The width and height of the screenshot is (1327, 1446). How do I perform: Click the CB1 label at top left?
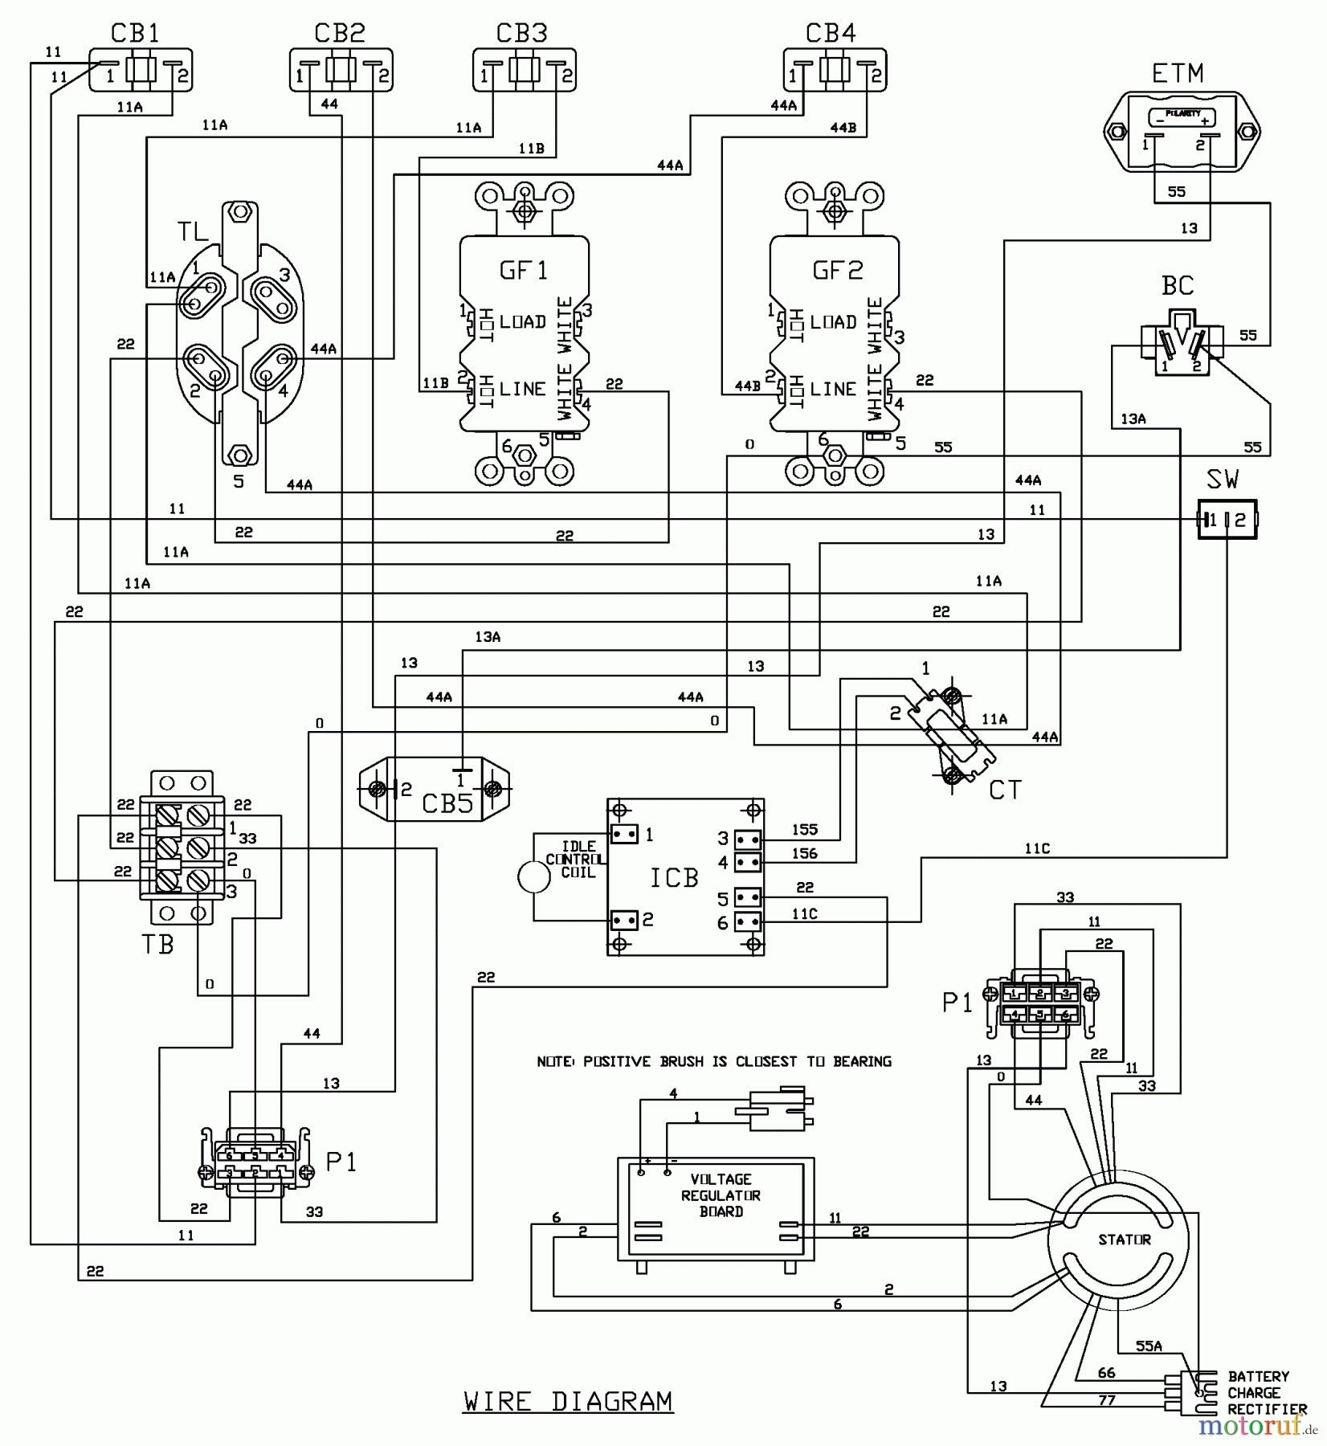[135, 33]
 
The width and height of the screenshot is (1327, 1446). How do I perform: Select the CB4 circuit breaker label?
[831, 33]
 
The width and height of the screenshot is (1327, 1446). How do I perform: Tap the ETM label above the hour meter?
[1178, 74]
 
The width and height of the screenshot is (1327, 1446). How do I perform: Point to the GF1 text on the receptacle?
[524, 270]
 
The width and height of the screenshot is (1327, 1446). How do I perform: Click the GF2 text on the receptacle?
[837, 270]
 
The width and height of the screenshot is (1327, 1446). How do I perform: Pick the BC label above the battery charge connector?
[1178, 286]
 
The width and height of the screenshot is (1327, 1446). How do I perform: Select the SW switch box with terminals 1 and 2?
[1227, 520]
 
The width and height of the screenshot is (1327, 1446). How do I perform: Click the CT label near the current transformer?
[1004, 790]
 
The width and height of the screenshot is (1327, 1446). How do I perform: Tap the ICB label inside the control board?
[674, 878]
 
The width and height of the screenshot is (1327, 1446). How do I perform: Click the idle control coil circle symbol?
[534, 877]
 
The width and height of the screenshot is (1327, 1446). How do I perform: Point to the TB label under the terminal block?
[157, 945]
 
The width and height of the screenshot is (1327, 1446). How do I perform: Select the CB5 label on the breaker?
[447, 803]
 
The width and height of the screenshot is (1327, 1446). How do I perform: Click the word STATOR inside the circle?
[1124, 1240]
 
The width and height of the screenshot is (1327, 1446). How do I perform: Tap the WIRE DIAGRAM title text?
[568, 1402]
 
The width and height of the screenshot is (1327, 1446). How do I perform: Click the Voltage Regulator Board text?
[721, 1195]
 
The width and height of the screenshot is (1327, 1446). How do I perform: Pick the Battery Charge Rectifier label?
[1266, 1394]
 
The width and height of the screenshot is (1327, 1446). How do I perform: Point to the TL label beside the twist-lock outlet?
[193, 232]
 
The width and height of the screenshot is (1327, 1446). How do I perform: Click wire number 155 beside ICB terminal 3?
[804, 829]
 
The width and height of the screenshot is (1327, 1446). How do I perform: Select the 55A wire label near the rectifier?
[1149, 1346]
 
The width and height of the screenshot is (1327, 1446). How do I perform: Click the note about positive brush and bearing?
[714, 1062]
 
